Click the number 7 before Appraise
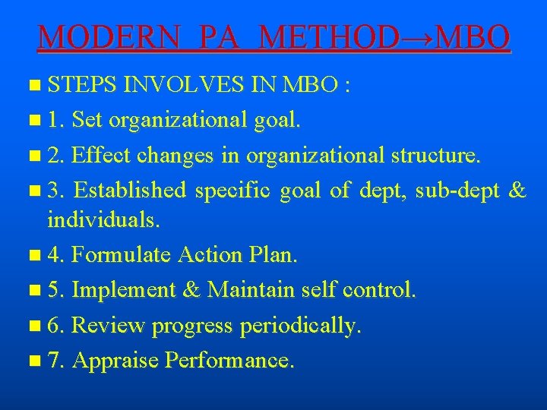click(x=53, y=360)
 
